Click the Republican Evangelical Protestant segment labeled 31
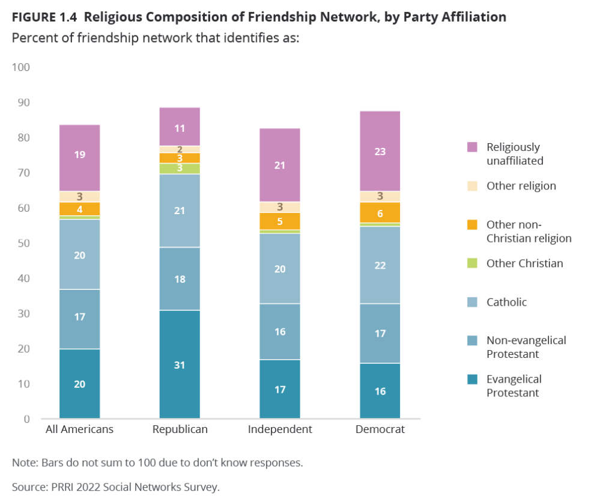(180, 364)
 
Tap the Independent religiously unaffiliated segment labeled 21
(279, 165)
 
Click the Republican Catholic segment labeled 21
(180, 211)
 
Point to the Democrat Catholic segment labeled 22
(380, 265)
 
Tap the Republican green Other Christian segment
(180, 168)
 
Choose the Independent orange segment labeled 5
(279, 221)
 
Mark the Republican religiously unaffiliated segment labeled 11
(180, 127)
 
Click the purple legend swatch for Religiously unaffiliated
(472, 147)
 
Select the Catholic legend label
(506, 302)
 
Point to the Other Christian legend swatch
(472, 263)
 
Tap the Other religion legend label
(521, 186)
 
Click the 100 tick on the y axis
(20, 67)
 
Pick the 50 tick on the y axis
(22, 243)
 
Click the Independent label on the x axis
(280, 429)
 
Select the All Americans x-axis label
(79, 429)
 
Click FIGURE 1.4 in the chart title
(45, 17)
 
